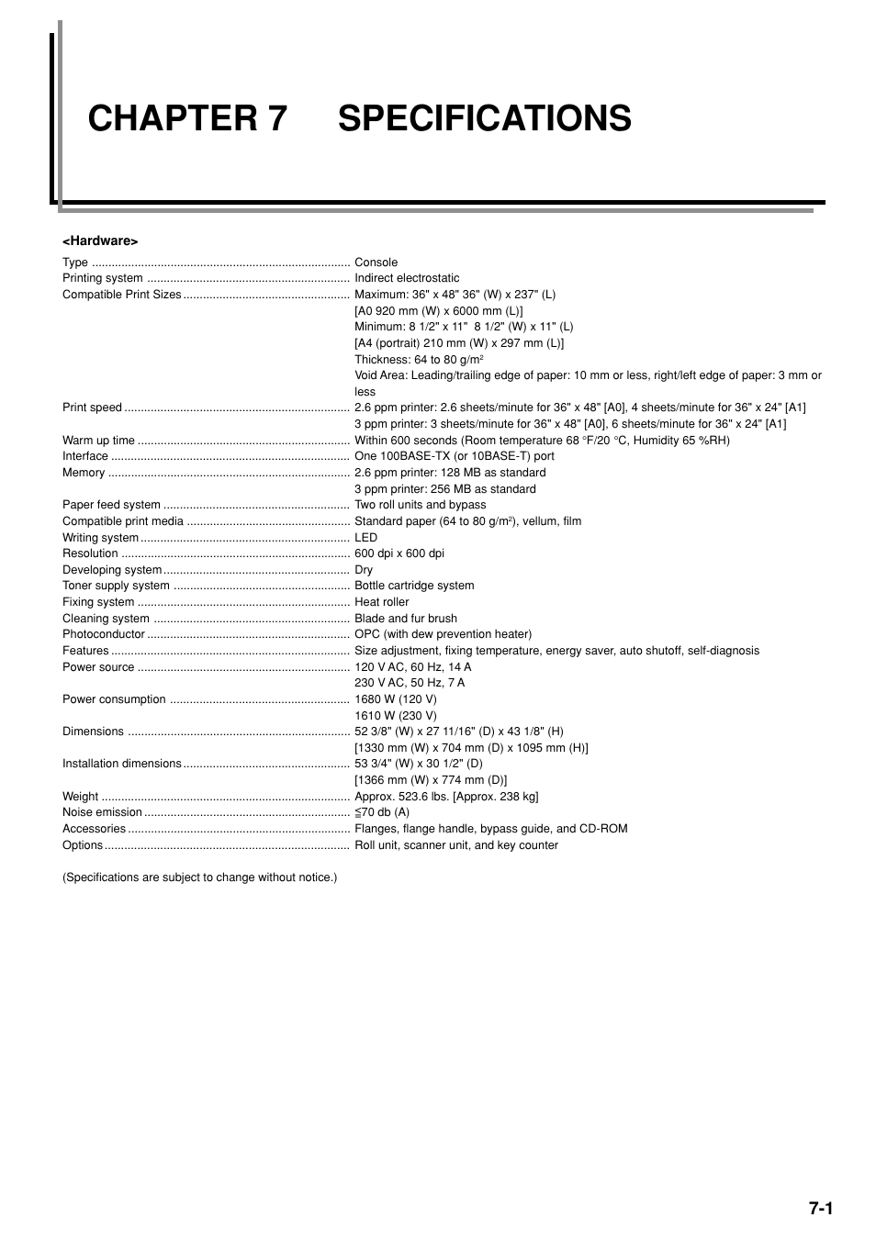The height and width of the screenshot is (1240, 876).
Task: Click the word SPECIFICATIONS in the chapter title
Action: [484, 119]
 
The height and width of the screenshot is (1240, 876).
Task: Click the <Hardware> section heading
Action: [100, 240]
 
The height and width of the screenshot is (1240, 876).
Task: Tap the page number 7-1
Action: [820, 1208]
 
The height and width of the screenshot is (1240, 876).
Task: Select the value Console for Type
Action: [376, 263]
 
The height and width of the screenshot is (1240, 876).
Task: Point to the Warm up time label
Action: [98, 441]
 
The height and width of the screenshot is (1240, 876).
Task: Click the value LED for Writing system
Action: [365, 538]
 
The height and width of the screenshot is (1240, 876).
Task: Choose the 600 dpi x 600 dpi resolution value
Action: [399, 553]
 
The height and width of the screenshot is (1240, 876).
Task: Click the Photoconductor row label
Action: [104, 634]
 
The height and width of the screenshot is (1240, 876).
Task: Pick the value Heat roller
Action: [381, 602]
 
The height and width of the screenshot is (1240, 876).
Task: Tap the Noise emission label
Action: [102, 812]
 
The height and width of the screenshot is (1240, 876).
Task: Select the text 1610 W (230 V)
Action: [395, 716]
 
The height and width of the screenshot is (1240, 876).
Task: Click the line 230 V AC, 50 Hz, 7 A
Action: [410, 683]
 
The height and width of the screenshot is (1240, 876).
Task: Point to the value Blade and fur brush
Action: [405, 619]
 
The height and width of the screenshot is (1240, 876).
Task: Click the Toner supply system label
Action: [116, 586]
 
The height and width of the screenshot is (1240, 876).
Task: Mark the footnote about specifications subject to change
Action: [199, 877]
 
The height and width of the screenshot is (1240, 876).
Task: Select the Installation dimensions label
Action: [122, 764]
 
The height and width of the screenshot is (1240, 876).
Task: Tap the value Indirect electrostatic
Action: [407, 278]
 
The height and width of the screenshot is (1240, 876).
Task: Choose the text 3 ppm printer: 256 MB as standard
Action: [444, 489]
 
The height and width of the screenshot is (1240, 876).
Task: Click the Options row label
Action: [83, 845]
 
